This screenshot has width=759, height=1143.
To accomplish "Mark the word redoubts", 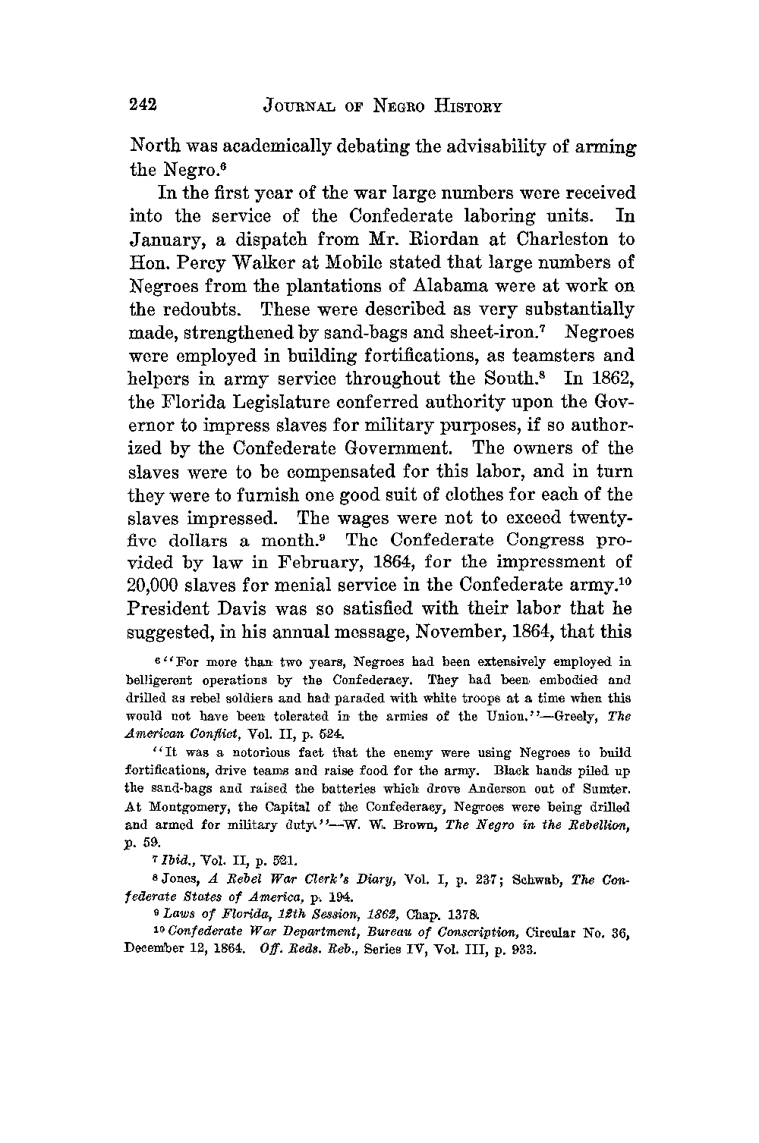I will pyautogui.click(x=207, y=309).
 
